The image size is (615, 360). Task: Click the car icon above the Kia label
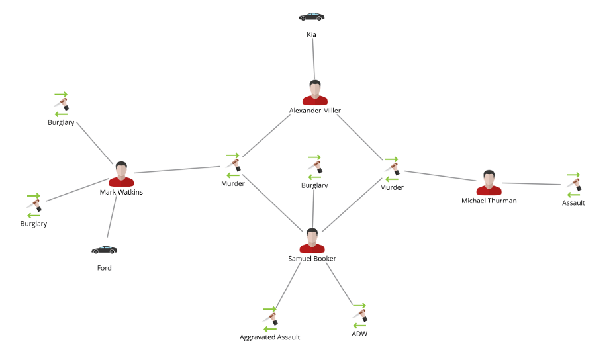click(x=311, y=17)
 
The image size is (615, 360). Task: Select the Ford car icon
click(x=104, y=250)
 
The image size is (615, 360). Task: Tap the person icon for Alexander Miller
click(x=315, y=93)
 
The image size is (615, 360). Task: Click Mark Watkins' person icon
click(x=121, y=174)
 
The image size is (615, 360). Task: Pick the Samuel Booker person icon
click(x=312, y=241)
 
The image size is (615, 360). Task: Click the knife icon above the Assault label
click(x=573, y=185)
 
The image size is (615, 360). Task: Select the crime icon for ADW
click(x=359, y=316)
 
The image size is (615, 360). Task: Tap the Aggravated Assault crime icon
click(x=269, y=319)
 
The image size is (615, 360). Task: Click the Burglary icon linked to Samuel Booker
click(x=314, y=167)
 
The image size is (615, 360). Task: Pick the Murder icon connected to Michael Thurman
click(x=392, y=169)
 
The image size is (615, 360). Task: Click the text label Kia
click(x=311, y=34)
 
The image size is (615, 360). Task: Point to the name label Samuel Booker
click(x=312, y=259)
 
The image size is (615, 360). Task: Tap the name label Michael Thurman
click(x=489, y=201)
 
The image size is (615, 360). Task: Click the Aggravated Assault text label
click(x=269, y=337)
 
